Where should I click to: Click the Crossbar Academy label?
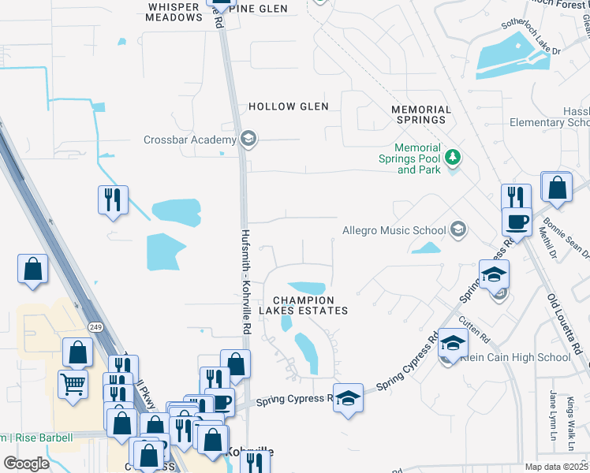pyautogui.click(x=189, y=140)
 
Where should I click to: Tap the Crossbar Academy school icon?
pyautogui.click(x=248, y=140)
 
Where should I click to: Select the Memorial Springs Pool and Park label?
pyautogui.click(x=418, y=158)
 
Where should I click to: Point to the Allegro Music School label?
pyautogui.click(x=394, y=230)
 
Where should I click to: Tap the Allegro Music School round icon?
pyautogui.click(x=457, y=230)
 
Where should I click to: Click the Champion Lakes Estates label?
pyautogui.click(x=310, y=305)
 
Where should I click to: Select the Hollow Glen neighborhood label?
pyautogui.click(x=282, y=106)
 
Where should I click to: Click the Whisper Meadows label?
pyautogui.click(x=174, y=11)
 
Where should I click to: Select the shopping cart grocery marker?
pyautogui.click(x=73, y=385)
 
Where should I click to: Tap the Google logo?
pyautogui.click(x=26, y=464)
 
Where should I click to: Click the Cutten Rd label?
pyautogui.click(x=476, y=323)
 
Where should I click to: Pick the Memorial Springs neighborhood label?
pyautogui.click(x=421, y=115)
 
